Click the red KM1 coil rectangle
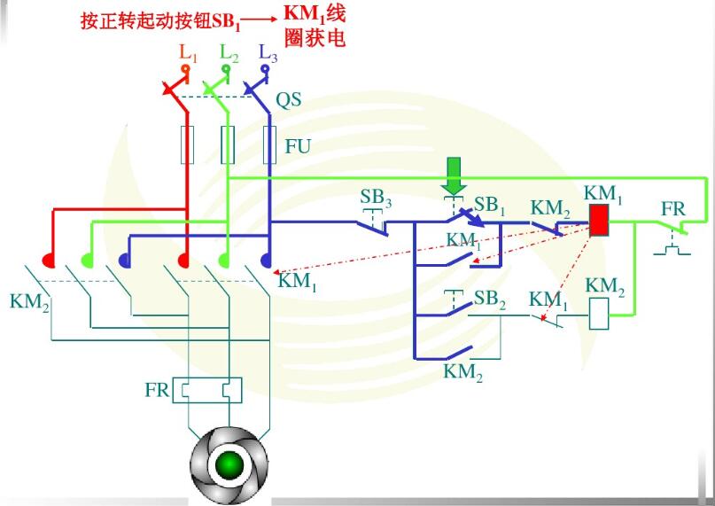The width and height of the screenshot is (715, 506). point(600,220)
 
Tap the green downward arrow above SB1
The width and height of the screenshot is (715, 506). point(455,175)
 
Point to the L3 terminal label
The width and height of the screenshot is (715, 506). point(268,51)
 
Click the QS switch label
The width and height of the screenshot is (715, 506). point(288,99)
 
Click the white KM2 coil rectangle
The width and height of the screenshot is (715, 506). point(600,315)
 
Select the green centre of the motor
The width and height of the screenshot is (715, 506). point(229,463)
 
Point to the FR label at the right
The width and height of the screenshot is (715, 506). point(673,210)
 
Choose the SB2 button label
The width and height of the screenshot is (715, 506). point(490,300)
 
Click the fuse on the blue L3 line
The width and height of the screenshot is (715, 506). point(269,145)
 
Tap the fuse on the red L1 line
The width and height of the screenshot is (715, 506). point(187,145)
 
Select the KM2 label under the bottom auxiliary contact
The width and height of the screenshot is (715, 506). point(463,372)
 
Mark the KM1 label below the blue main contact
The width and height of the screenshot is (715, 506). point(297,283)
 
